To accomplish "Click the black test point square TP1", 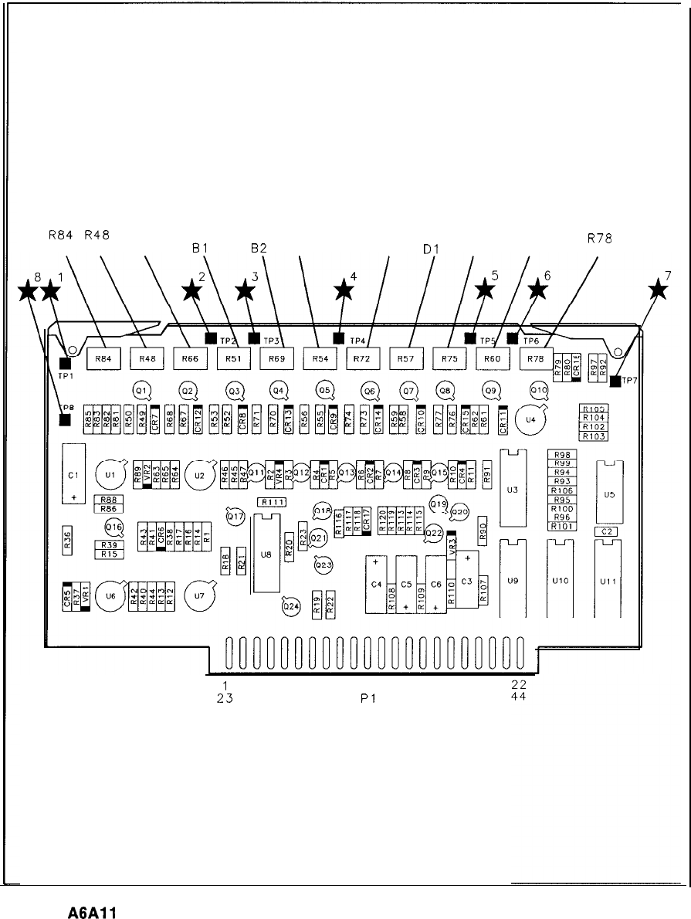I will pyautogui.click(x=65, y=364).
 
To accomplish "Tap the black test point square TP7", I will pyautogui.click(x=615, y=381).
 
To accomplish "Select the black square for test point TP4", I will pyautogui.click(x=338, y=337).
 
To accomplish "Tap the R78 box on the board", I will pyautogui.click(x=536, y=358).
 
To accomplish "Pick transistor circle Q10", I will pyautogui.click(x=538, y=390).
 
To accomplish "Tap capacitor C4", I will pyautogui.click(x=377, y=584).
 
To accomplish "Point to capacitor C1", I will pyautogui.click(x=73, y=474).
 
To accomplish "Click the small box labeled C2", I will pyautogui.click(x=605, y=531).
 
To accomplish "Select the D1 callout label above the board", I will pyautogui.click(x=430, y=249).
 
